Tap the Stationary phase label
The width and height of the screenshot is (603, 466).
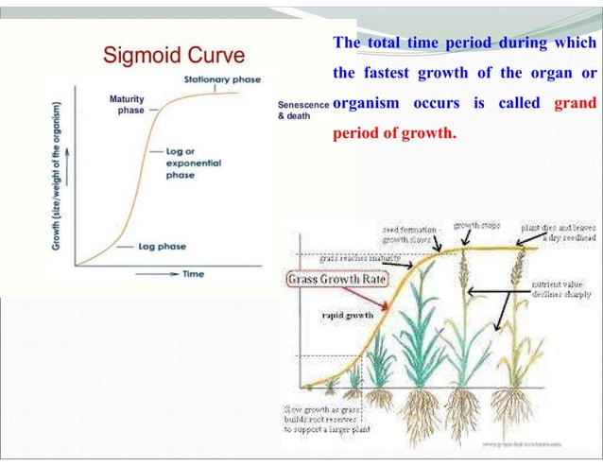pos(222,79)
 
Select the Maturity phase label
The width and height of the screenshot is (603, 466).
pos(127,104)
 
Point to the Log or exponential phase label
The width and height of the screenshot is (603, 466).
pos(193,163)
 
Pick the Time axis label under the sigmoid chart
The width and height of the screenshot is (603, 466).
pos(193,273)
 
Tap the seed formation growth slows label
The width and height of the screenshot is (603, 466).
pos(411,234)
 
